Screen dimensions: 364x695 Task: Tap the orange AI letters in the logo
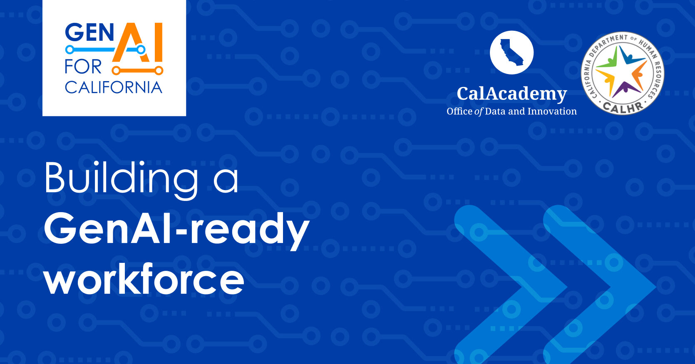(x=137, y=42)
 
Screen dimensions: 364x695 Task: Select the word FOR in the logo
(x=83, y=67)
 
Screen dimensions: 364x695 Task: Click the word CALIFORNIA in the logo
(x=113, y=87)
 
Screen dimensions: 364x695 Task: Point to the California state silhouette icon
(x=511, y=52)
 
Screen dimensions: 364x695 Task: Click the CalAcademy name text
(x=511, y=94)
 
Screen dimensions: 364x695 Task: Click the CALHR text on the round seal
(x=623, y=107)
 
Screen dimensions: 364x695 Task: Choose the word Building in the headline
(x=121, y=178)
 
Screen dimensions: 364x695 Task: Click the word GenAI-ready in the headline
(x=176, y=229)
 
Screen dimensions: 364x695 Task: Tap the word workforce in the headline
(x=144, y=280)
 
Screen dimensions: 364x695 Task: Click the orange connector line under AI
(x=137, y=70)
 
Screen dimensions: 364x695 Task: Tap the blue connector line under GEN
(x=90, y=50)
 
